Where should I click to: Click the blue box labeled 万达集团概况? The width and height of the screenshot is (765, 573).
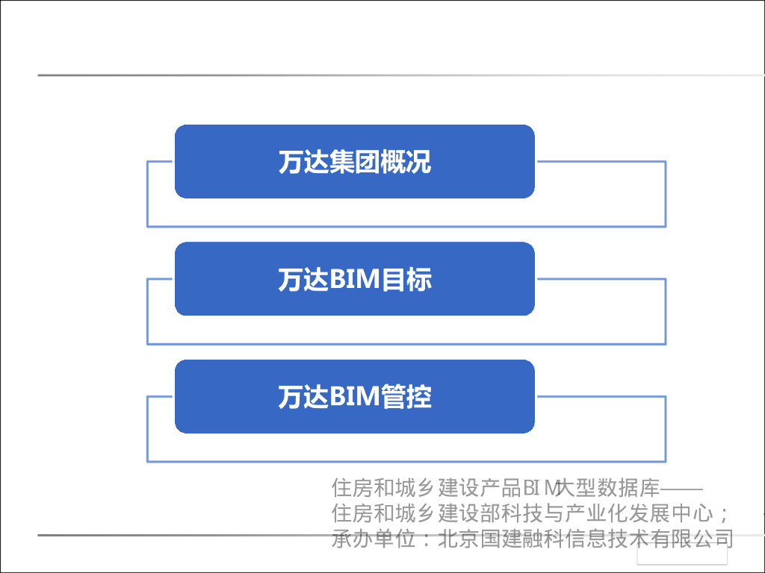[x=354, y=162]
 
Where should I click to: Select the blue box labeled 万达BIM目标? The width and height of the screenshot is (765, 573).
[x=354, y=279]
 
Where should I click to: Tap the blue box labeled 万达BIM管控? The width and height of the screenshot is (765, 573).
[x=354, y=396]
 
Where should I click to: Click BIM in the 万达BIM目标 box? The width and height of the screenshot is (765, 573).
[x=355, y=280]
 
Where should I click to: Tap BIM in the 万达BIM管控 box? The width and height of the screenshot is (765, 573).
[x=355, y=397]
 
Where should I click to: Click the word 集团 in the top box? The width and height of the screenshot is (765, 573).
[x=354, y=162]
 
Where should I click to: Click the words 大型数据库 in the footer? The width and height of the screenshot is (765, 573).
[x=612, y=489]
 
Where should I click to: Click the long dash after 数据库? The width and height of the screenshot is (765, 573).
[x=682, y=489]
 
